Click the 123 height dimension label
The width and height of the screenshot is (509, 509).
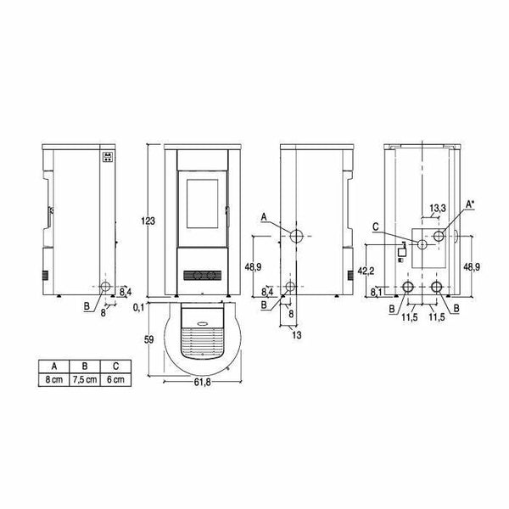click(x=148, y=221)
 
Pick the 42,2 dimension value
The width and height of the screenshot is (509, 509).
click(x=363, y=271)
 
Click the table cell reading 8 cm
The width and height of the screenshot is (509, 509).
click(x=54, y=379)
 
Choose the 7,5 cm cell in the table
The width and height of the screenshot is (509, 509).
click(x=85, y=379)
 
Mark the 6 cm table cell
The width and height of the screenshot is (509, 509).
click(x=115, y=379)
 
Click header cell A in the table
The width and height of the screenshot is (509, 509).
click(x=54, y=366)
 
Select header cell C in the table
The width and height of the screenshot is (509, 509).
click(x=115, y=366)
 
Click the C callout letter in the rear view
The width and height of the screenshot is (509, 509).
click(x=375, y=227)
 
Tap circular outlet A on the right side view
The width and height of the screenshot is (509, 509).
click(x=297, y=234)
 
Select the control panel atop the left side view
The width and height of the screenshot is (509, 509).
click(x=106, y=157)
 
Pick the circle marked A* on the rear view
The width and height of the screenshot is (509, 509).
click(x=438, y=235)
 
